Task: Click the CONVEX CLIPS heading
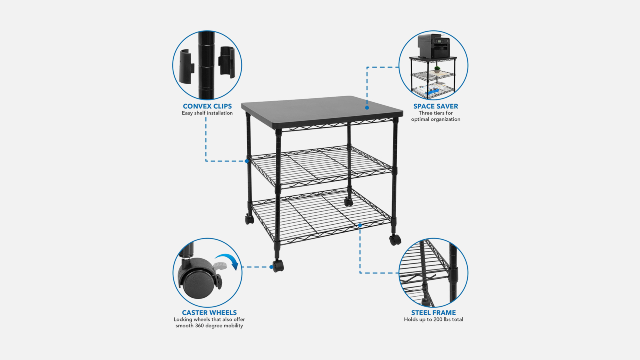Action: tap(207, 106)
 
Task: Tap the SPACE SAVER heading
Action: tap(436, 106)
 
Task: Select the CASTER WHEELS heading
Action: tap(209, 312)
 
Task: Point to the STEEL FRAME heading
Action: tap(434, 312)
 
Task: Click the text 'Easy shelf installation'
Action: tap(207, 113)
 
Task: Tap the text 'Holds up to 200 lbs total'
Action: tap(434, 320)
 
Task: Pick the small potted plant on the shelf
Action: tap(437, 70)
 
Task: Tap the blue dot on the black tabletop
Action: tap(367, 108)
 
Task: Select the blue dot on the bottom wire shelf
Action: tap(360, 226)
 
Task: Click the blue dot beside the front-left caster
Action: tap(271, 267)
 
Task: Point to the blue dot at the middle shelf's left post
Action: tap(247, 161)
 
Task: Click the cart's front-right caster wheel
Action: tap(395, 240)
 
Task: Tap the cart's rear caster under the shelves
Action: tap(348, 202)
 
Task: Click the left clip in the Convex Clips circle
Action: tap(186, 66)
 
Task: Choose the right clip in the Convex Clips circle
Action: tap(226, 62)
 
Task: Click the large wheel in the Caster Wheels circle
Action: tap(196, 283)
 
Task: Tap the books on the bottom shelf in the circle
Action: tap(433, 88)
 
